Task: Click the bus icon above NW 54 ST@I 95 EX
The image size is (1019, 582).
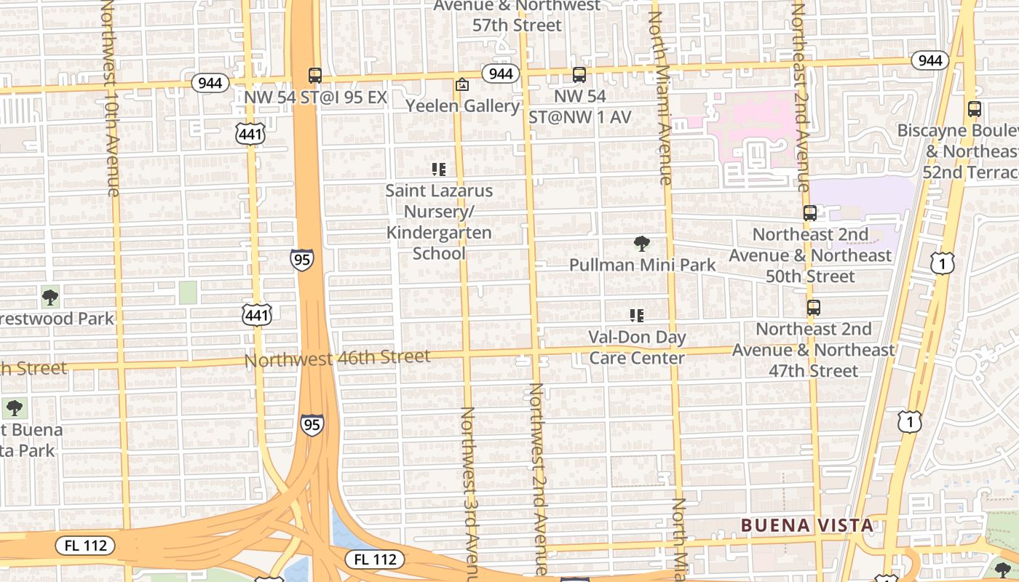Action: [315, 75]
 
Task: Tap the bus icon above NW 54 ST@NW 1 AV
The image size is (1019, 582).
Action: [579, 74]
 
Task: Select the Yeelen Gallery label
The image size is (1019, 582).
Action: [462, 106]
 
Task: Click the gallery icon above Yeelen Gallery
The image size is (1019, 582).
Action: [461, 85]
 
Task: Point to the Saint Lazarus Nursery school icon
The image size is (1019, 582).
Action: [438, 170]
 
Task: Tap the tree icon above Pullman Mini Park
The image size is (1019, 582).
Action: [641, 244]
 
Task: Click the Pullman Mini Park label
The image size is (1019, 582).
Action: [643, 265]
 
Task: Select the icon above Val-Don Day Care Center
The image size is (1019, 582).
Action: [637, 316]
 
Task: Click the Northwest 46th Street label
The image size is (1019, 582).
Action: [337, 358]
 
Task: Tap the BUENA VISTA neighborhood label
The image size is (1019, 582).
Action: [806, 525]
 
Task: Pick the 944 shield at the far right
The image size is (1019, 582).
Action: [930, 60]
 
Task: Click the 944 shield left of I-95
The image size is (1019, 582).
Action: [210, 83]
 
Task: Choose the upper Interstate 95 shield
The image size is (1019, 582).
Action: [301, 259]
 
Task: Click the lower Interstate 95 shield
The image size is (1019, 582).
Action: [312, 425]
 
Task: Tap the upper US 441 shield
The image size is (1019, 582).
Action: [250, 133]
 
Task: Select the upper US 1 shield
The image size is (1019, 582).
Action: [942, 263]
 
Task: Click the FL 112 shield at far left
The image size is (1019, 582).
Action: [85, 545]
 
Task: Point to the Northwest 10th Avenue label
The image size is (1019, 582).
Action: [109, 98]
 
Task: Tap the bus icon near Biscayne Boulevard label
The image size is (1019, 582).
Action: [974, 110]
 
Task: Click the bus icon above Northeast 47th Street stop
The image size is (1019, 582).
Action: [813, 308]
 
